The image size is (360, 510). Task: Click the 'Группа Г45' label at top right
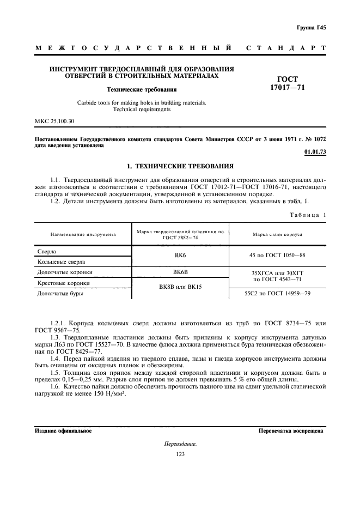(311, 27)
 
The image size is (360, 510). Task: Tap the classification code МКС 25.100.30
(54, 120)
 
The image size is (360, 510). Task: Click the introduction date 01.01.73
(315, 152)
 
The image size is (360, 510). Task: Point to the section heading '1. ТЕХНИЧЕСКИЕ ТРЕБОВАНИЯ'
(180, 166)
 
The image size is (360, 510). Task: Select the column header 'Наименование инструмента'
(83, 234)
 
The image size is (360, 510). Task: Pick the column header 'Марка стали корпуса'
(277, 234)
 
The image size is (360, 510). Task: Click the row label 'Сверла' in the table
(46, 252)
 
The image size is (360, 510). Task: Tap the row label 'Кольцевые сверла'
(60, 262)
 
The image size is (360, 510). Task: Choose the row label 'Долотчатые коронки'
(64, 272)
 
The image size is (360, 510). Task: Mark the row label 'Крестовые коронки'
(63, 283)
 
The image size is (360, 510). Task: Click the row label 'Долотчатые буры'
(59, 293)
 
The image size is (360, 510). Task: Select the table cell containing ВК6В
(180, 272)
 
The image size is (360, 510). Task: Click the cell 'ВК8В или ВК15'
(180, 287)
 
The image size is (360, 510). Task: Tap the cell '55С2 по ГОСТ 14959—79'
(277, 293)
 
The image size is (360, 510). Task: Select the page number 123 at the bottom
(180, 454)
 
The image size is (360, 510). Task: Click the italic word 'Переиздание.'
(180, 444)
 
